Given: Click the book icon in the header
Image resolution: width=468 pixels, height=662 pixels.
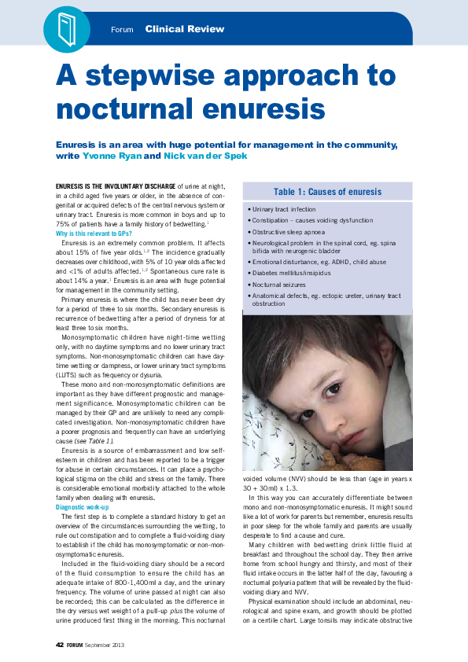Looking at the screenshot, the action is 65,28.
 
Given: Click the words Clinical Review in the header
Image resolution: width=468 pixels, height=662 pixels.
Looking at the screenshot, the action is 184,29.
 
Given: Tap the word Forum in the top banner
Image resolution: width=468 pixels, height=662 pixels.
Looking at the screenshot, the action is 122,30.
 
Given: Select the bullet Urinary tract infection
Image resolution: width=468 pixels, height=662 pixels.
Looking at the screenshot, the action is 284,210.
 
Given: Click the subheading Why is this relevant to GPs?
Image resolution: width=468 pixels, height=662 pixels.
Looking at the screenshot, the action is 94,234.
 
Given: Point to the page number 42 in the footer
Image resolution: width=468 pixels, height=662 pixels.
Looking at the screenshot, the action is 59,645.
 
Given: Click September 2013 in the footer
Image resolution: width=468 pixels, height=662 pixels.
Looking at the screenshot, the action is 105,645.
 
